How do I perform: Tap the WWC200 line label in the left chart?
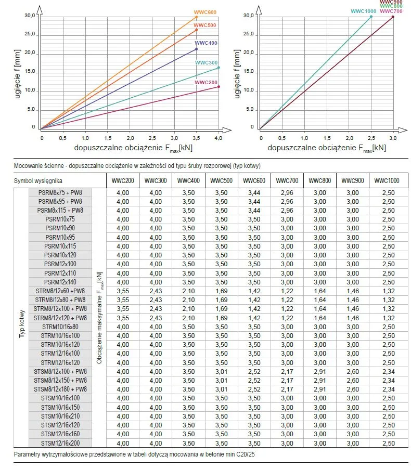(205, 83)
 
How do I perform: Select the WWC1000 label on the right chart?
(364, 11)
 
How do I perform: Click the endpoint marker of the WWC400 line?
(196, 49)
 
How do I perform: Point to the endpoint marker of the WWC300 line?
(219, 68)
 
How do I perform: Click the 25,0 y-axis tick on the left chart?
(30, 34)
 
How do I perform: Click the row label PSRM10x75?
(60, 219)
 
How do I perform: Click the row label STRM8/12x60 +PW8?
(60, 291)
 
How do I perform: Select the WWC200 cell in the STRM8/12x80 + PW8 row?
(120, 300)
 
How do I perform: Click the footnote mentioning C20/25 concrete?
(134, 454)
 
